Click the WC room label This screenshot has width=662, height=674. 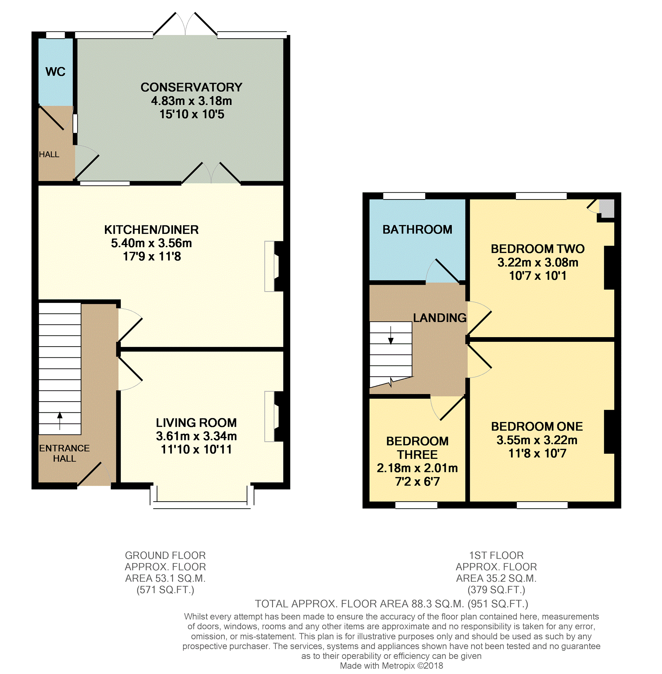point(55,72)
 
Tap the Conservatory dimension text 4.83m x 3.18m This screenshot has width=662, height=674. point(191,101)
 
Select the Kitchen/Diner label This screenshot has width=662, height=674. point(151,230)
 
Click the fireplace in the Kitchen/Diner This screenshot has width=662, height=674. point(274,266)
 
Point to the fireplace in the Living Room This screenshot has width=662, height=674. point(274,416)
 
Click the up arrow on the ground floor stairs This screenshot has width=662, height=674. point(60,421)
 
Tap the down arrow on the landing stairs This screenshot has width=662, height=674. point(391,335)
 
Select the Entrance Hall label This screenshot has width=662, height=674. point(64,453)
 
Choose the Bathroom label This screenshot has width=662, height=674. point(417,230)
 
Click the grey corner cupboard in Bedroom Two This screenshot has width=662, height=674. point(606,208)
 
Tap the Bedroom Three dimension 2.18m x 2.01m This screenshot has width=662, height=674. point(417,468)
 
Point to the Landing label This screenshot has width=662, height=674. point(440,318)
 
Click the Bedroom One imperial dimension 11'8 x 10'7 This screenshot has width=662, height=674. point(537,454)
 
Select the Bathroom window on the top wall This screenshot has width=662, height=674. point(404,196)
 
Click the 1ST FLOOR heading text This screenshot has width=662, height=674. point(496,555)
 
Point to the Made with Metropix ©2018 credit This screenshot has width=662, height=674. point(392,665)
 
